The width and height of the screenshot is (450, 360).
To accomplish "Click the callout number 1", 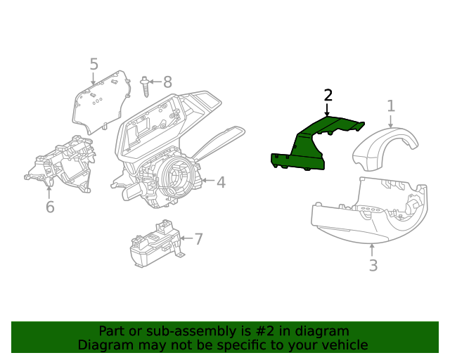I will pyautogui.click(x=391, y=106).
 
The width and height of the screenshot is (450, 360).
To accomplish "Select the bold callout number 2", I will pyautogui.click(x=328, y=96).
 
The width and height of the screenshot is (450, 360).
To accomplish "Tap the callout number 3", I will pyautogui.click(x=373, y=265).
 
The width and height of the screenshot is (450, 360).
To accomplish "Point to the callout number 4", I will pyautogui.click(x=221, y=182).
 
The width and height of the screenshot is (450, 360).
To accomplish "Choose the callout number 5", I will pyautogui.click(x=94, y=65).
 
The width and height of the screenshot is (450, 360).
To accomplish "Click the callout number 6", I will pyautogui.click(x=50, y=207).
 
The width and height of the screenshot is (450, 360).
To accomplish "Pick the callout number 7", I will pyautogui.click(x=199, y=239).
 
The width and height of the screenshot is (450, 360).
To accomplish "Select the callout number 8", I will pyautogui.click(x=167, y=82).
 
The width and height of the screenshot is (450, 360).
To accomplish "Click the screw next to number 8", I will pyautogui.click(x=145, y=87).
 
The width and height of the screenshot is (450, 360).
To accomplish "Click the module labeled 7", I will pyautogui.click(x=155, y=245).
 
